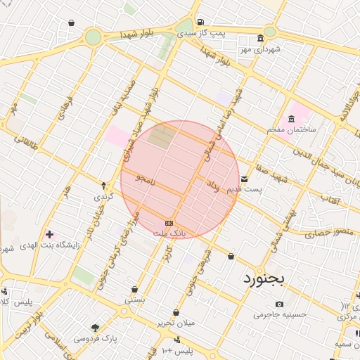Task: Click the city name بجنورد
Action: [266, 279]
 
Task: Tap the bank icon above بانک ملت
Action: [169, 223]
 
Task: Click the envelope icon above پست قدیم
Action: [244, 179]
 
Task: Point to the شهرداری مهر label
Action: [259, 49]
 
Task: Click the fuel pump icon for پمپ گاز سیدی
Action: [201, 22]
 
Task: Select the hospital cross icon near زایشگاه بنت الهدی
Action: [49, 234]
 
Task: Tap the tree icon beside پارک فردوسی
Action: [95, 328]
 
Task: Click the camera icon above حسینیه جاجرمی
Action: [280, 304]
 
